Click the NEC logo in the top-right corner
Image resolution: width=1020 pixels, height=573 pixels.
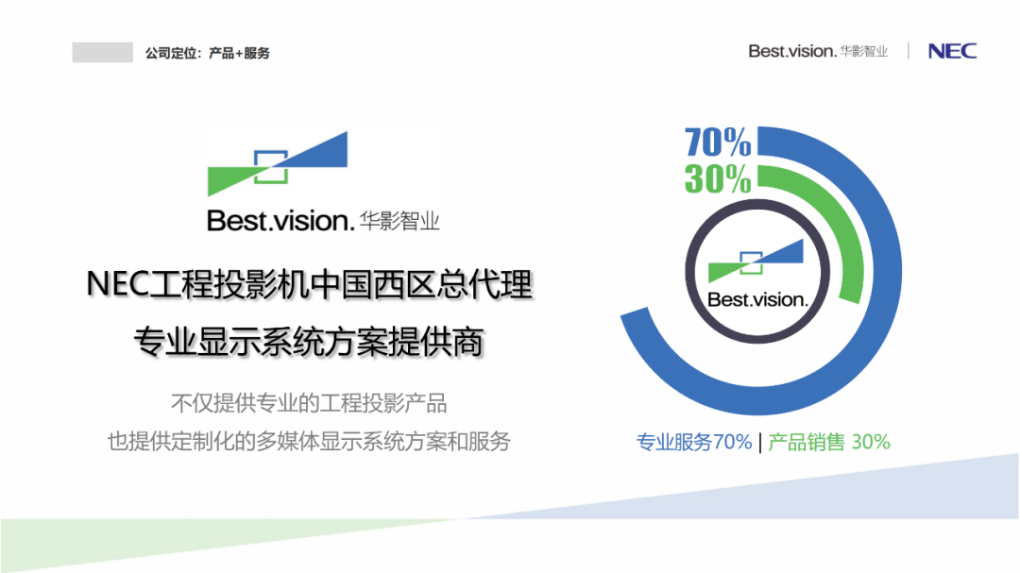pyautogui.click(x=952, y=51)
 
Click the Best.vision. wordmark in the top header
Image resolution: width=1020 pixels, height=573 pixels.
pyautogui.click(x=791, y=51)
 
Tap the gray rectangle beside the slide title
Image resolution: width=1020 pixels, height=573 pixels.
pyautogui.click(x=102, y=52)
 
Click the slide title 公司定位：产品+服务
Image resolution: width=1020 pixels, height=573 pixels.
pyautogui.click(x=207, y=53)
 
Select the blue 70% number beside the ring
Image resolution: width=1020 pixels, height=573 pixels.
pyautogui.click(x=718, y=142)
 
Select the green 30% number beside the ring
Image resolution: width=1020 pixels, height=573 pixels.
pyautogui.click(x=718, y=178)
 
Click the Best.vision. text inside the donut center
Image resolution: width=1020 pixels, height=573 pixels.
pyautogui.click(x=757, y=300)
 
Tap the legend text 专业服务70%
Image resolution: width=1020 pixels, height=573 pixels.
pyautogui.click(x=693, y=443)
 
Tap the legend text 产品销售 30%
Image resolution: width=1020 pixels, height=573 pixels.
pyautogui.click(x=829, y=443)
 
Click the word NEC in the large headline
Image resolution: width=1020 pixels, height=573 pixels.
pyautogui.click(x=117, y=284)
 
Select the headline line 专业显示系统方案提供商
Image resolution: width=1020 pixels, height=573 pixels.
pyautogui.click(x=309, y=342)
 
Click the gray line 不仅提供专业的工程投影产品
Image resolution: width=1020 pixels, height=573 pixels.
pyautogui.click(x=309, y=403)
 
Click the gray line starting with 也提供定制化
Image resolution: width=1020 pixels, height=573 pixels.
pyautogui.click(x=309, y=442)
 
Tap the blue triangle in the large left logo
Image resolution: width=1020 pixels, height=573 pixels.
pyautogui.click(x=319, y=154)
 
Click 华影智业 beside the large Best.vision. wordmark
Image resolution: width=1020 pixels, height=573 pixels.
pyautogui.click(x=399, y=221)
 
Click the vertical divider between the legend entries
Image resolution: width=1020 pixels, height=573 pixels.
pyautogui.click(x=759, y=443)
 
